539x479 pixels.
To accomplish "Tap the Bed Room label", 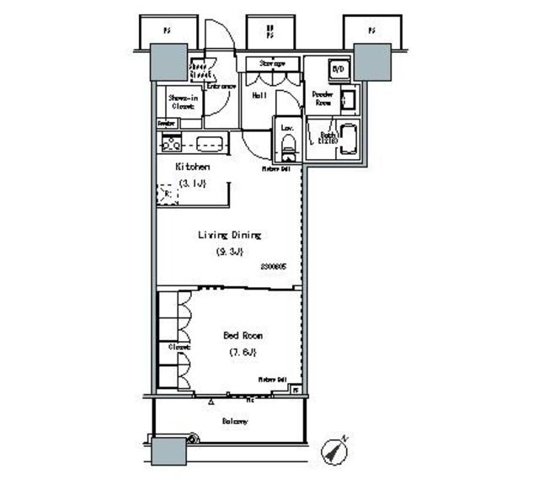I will click(x=243, y=335).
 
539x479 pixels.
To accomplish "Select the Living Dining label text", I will click(x=229, y=236).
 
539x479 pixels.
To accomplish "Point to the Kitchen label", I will click(x=192, y=167).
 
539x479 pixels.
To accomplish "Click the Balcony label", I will click(x=234, y=421).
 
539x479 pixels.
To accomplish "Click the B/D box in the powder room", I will click(x=337, y=70).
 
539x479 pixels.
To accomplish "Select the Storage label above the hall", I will click(x=271, y=63).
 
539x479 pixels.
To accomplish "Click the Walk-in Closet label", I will click(x=183, y=102).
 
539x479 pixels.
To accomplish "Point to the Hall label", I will click(x=260, y=96).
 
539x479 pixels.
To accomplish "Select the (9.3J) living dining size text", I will click(x=229, y=252).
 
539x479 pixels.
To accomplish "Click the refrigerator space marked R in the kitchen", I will click(x=165, y=195).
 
